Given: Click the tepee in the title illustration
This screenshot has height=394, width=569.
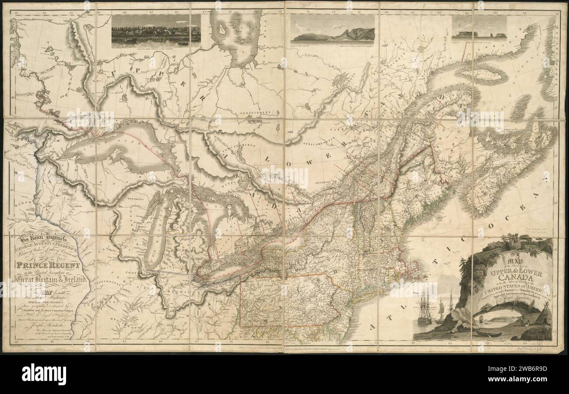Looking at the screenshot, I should point(543,317).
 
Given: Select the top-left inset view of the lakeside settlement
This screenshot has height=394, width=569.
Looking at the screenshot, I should point(156,31).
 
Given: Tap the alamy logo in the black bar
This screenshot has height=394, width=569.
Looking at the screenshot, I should point(44,374).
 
